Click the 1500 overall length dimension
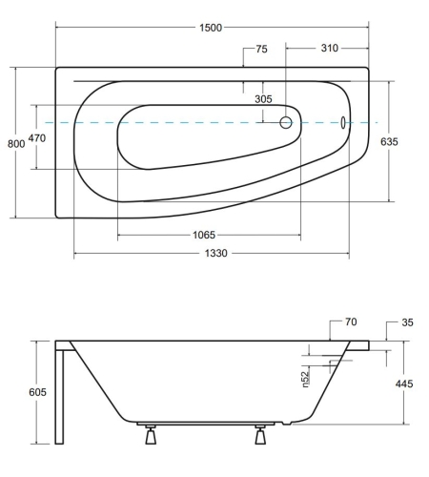tap(211, 28)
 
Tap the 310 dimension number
tap(329, 48)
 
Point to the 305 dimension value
tap(264, 99)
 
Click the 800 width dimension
tap(15, 143)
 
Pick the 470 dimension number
tap(37, 138)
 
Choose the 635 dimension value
tap(389, 141)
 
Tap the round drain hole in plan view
tap(285, 123)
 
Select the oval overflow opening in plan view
tap(343, 123)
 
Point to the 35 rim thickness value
tap(407, 323)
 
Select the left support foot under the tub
tap(150, 438)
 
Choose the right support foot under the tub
tap(259, 438)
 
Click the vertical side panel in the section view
tap(60, 396)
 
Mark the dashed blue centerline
tap(191, 123)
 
